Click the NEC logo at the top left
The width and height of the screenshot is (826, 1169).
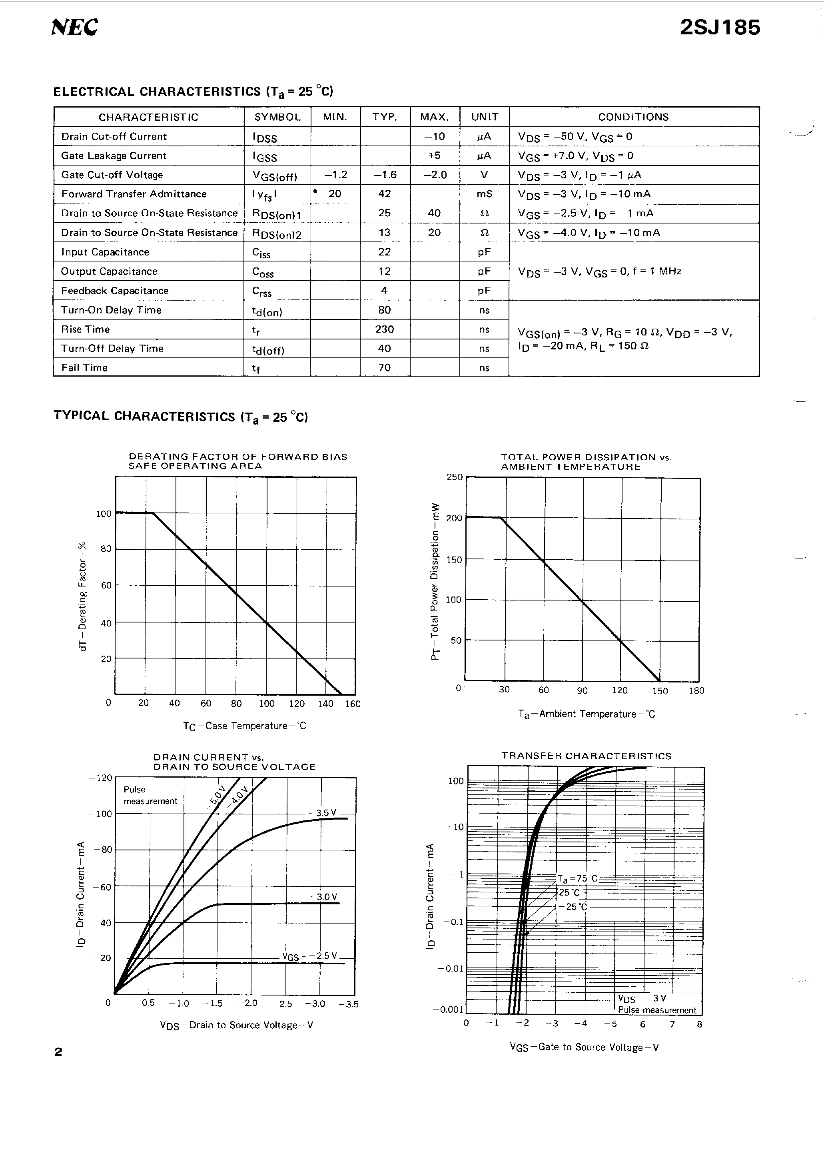74,27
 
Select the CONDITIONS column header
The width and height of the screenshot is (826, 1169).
633,117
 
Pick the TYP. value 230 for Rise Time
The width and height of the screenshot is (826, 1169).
385,329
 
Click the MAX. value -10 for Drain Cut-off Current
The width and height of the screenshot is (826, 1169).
434,136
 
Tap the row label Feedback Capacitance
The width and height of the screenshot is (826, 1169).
115,291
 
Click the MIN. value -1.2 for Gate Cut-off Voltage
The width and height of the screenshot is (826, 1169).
335,175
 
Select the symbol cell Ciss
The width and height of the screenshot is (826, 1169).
261,253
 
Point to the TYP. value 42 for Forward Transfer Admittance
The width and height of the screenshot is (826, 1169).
385,194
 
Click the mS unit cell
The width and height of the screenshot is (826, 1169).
484,194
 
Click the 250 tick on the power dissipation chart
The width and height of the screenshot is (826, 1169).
454,477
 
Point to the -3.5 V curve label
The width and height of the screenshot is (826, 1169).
326,813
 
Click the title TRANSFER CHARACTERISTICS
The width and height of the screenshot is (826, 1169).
586,756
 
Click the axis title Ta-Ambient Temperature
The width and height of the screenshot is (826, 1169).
586,714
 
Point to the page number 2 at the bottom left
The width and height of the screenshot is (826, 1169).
58,1052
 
